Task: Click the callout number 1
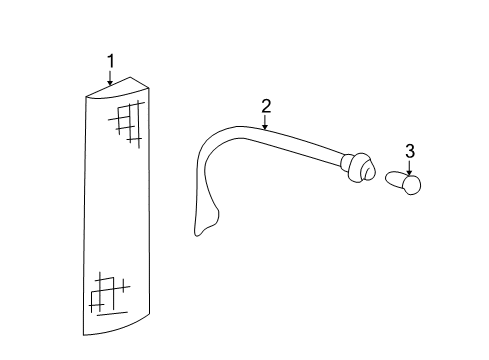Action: click(x=111, y=62)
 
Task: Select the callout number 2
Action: click(x=266, y=105)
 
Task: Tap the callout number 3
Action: click(x=409, y=151)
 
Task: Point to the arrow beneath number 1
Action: click(x=111, y=79)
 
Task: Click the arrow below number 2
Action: click(x=266, y=123)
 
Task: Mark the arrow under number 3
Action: click(x=409, y=168)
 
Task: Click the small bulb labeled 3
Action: click(x=406, y=183)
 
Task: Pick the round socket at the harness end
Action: click(x=357, y=169)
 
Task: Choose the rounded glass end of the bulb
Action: click(x=415, y=183)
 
